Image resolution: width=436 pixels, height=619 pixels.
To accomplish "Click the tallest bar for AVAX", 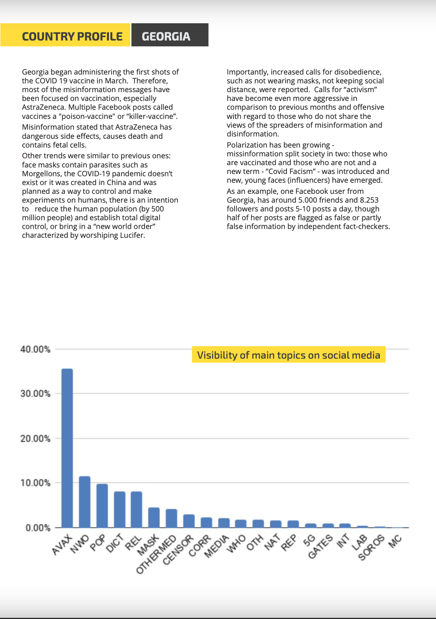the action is pos(67,448).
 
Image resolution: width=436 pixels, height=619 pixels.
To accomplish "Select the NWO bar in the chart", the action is pos(84,502).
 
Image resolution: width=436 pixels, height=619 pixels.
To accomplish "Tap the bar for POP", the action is pos(102,506).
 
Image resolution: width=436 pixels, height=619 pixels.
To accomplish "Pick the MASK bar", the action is pos(154,518).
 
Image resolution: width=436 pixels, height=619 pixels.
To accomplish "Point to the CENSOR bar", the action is pos(189,521).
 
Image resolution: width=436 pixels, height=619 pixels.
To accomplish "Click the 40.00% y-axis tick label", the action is pos(35,349).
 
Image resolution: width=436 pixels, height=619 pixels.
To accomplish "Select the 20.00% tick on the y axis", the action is pos(35,439).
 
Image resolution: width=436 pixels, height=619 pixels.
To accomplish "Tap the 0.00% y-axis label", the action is pos(38,528).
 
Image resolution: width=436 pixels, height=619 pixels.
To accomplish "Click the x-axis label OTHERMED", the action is pos(156,554).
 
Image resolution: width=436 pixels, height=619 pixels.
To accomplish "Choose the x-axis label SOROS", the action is pos(371,547).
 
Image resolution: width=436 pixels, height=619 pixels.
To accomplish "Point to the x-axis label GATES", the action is pos(321,546).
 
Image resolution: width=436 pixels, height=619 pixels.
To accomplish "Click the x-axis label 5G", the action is pos(309,540).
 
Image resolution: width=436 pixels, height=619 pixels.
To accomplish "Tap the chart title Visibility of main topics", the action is pos(289,355).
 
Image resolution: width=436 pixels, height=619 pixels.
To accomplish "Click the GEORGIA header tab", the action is pos(166,36).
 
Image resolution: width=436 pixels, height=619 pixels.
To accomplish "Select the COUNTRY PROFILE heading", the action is pos(72,36).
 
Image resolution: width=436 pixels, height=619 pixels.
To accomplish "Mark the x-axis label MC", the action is pos(395,541).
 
